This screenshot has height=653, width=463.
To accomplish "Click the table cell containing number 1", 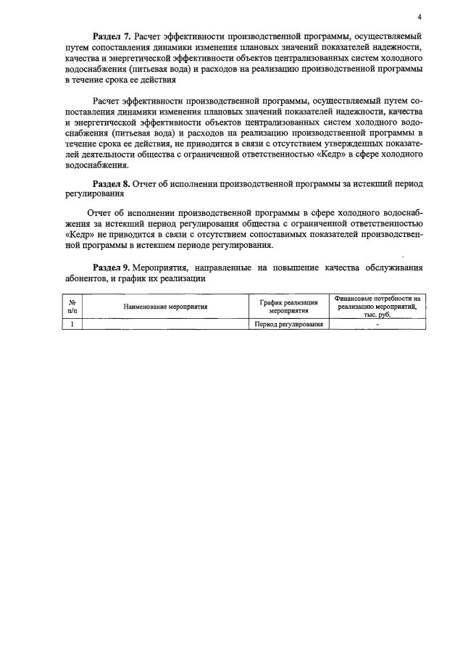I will click(72, 325).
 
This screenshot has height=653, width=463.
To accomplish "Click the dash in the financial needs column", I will click(377, 325).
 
